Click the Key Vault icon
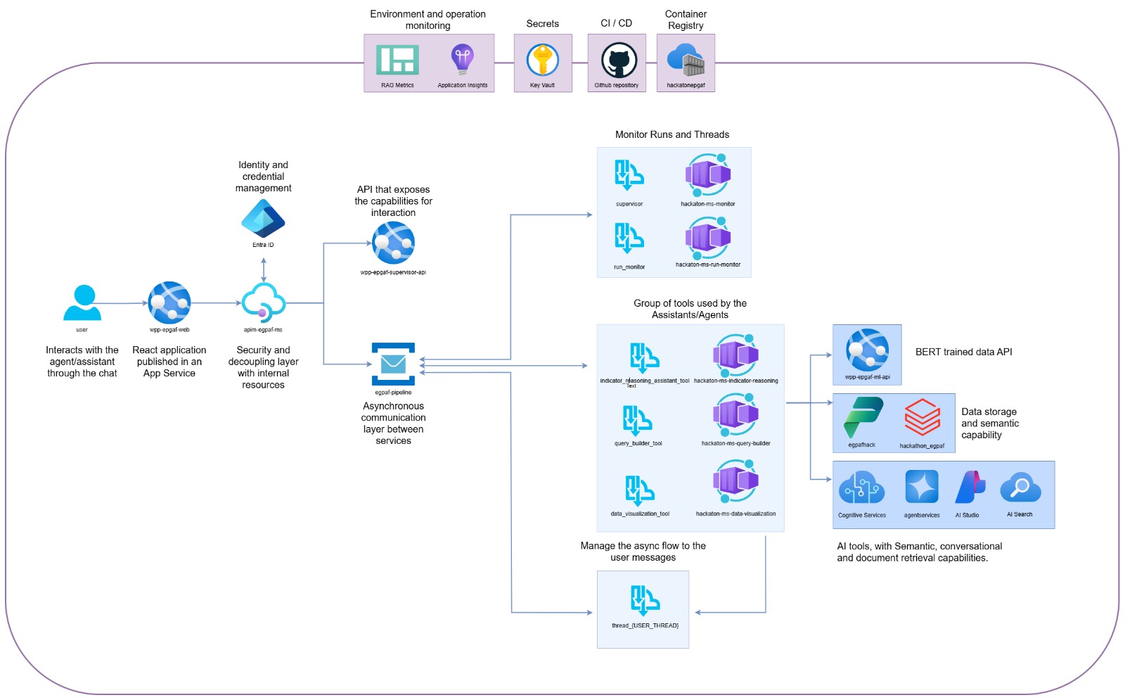click(542, 60)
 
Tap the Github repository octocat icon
click(619, 61)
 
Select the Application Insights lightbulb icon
click(462, 59)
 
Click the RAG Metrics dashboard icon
click(397, 60)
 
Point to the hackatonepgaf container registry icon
click(686, 61)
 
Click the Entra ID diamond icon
click(263, 219)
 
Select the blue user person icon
click(82, 303)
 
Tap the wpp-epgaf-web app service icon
click(169, 303)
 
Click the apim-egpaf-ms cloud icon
click(264, 303)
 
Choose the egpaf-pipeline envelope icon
click(393, 364)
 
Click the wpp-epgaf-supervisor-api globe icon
click(393, 243)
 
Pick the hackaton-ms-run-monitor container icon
click(708, 238)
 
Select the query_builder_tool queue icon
click(637, 421)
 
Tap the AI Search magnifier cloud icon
click(1020, 487)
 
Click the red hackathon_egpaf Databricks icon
click(922, 417)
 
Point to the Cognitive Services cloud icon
click(861, 487)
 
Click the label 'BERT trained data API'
click(963, 352)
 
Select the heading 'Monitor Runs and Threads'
click(671, 134)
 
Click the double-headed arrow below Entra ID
click(264, 269)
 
